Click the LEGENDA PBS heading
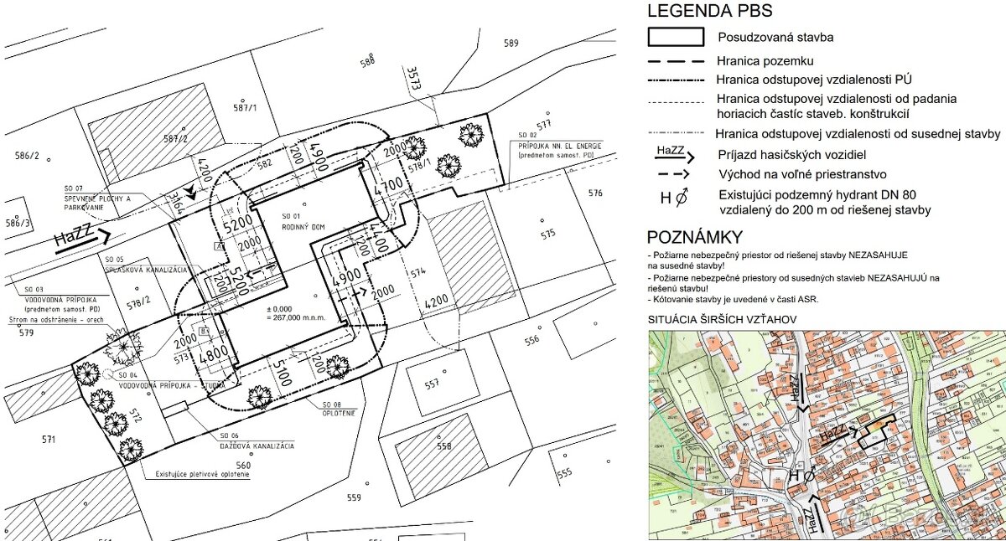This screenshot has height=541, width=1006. point(708,11)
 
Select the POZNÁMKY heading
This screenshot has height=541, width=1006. point(693,236)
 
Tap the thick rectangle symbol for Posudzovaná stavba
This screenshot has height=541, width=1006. point(675,37)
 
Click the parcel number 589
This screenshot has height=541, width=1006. point(511,43)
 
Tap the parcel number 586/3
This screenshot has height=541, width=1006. point(18,223)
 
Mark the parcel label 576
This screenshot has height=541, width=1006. point(595,193)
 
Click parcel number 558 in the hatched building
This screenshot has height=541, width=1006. point(443,446)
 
